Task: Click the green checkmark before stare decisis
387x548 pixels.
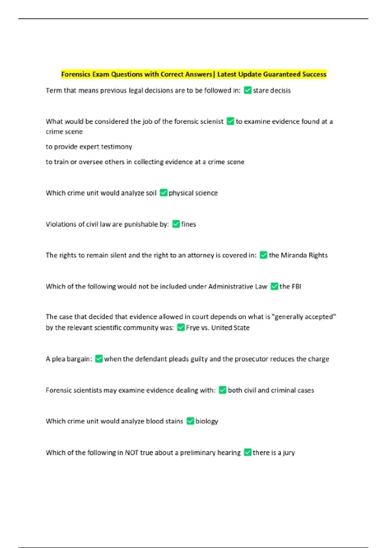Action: click(x=248, y=90)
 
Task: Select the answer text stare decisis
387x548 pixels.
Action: click(x=272, y=91)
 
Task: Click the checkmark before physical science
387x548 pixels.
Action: click(x=164, y=193)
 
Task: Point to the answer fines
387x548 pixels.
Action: click(x=189, y=224)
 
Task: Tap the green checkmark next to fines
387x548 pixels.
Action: click(x=176, y=224)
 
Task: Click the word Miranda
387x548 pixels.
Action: click(x=294, y=255)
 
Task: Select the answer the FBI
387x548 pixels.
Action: click(x=290, y=286)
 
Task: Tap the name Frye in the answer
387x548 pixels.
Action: click(x=193, y=328)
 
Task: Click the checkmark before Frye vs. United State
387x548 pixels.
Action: click(x=181, y=328)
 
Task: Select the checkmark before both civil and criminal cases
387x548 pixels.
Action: click(x=223, y=390)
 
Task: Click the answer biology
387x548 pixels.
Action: click(x=207, y=421)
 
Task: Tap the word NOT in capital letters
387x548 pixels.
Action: click(x=132, y=453)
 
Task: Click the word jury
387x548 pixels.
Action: click(x=289, y=453)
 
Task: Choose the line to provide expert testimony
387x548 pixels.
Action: click(x=89, y=147)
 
